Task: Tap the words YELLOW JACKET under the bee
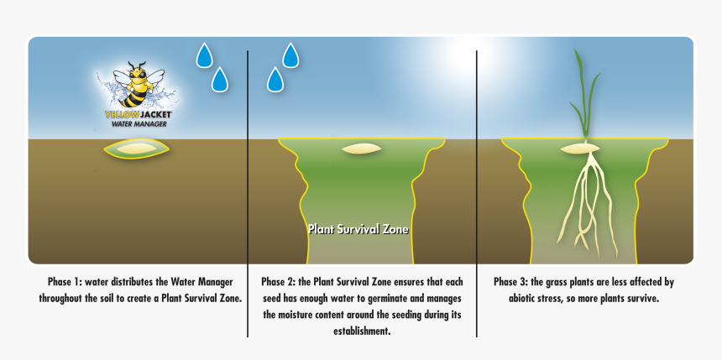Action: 139,113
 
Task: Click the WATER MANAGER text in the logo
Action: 139,123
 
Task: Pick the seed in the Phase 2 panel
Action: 362,149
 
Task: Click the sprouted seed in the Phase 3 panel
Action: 580,149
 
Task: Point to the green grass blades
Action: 584,97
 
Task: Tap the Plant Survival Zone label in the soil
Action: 358,228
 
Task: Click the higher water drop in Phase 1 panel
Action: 204,55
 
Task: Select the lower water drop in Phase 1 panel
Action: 220,80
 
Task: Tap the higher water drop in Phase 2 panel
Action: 290,55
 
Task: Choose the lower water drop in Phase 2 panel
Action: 275,80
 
